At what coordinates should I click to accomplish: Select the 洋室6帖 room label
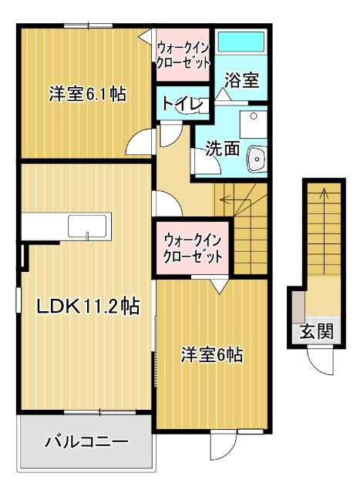click(213, 355)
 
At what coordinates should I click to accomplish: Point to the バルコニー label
click(86, 442)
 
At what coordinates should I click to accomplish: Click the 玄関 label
click(316, 333)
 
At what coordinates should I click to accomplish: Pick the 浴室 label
click(241, 79)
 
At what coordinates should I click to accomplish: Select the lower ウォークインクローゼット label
click(193, 248)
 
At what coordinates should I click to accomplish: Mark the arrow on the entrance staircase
click(323, 194)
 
